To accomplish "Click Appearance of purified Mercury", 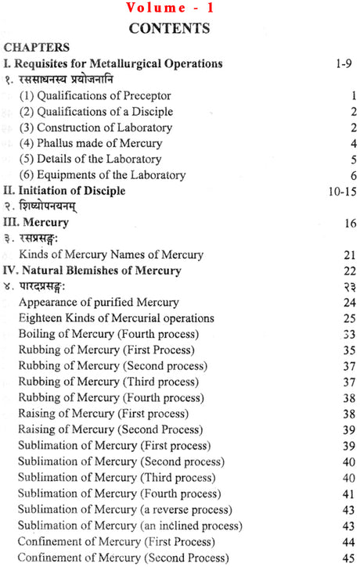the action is [x=99, y=302].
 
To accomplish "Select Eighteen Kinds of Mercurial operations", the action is [x=116, y=318].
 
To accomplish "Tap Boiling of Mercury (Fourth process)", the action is [x=108, y=334].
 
